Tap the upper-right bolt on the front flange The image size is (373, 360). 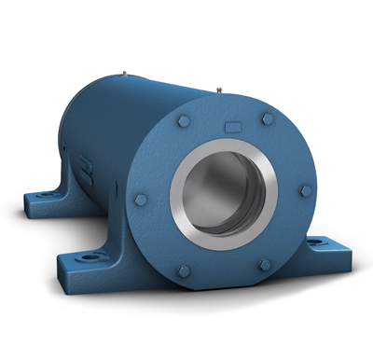(269, 118)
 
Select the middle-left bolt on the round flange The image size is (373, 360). (141, 200)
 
